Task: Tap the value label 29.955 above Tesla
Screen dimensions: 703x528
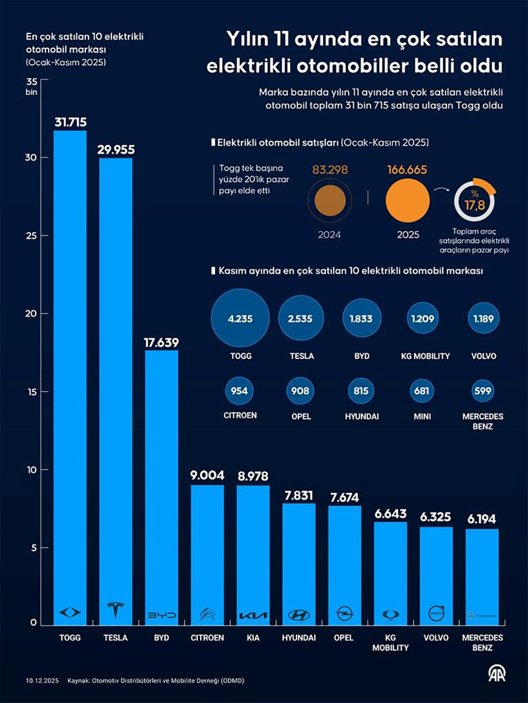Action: (116, 150)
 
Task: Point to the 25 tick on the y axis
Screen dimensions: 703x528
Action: (32, 235)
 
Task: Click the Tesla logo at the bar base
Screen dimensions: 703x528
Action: (115, 611)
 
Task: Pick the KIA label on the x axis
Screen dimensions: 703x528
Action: (253, 638)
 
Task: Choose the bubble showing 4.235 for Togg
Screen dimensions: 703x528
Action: (240, 318)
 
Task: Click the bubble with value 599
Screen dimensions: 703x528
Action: (483, 391)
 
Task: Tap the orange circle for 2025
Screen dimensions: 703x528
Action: (407, 200)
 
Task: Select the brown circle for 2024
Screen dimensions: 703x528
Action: (330, 200)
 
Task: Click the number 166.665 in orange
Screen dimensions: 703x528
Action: (407, 170)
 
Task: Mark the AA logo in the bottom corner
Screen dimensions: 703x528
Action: (496, 674)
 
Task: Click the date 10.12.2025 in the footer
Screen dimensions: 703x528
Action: (42, 680)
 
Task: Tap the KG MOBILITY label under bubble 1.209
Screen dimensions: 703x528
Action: (425, 356)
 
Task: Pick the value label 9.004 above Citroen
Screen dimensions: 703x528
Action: (207, 475)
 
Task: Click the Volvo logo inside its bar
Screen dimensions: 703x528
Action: (436, 613)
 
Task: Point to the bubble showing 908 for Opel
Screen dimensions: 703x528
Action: (300, 391)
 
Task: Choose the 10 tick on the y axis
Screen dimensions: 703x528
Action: (32, 469)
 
